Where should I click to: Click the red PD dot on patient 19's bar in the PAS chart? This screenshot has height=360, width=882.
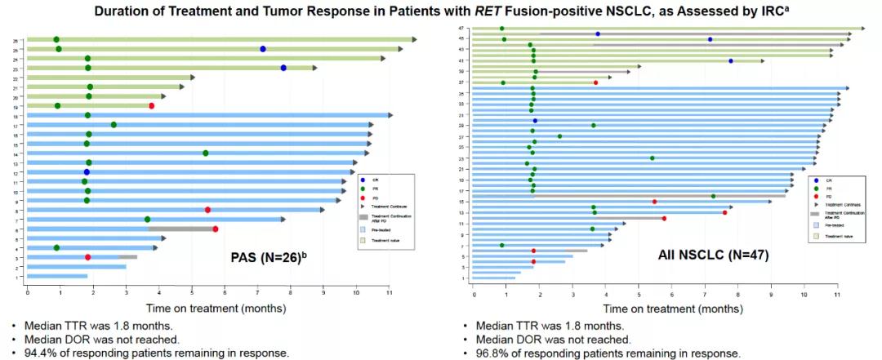152,105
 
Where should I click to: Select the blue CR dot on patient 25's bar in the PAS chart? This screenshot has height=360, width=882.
263,49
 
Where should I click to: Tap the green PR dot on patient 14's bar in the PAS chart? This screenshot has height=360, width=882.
206,153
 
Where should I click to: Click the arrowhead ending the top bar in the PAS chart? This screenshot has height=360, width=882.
414,39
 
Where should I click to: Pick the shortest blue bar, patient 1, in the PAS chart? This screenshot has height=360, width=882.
57,277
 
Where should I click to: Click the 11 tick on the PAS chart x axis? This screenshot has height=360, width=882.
390,291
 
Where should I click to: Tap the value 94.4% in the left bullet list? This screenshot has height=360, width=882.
29,353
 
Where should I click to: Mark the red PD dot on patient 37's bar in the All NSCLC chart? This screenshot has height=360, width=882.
596,82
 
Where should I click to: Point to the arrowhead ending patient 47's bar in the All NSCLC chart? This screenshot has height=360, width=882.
862,29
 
